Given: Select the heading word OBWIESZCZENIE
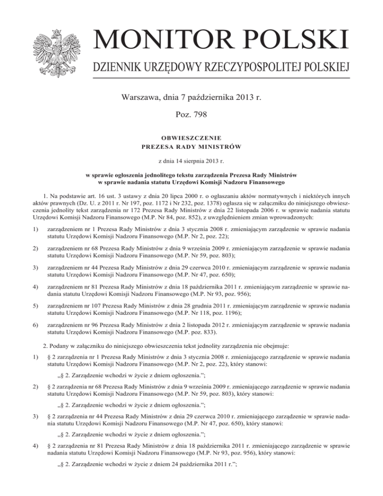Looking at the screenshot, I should point(191,138).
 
